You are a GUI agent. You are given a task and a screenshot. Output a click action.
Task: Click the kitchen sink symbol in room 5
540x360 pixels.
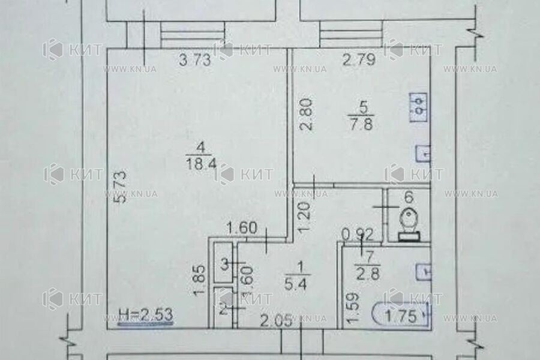[x=422, y=154]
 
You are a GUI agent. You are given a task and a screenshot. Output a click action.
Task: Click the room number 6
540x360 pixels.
[x=408, y=196]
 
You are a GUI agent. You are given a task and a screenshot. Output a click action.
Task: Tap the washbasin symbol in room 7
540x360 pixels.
[x=422, y=271]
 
